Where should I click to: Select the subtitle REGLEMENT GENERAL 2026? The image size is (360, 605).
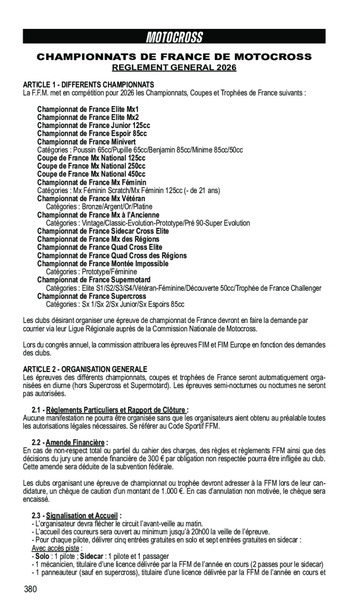click(174, 68)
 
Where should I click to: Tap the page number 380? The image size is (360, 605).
click(30, 589)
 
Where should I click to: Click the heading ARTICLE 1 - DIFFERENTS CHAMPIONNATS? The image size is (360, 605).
click(88, 85)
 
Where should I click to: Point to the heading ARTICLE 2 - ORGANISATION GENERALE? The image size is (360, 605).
click(85, 369)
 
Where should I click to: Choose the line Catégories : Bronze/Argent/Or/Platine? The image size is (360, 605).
click(99, 207)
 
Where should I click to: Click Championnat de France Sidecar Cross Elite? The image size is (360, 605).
click(103, 231)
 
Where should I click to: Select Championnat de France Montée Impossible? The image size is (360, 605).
click(103, 263)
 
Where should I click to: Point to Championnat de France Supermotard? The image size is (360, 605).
click(94, 280)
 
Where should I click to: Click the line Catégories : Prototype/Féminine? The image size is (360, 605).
click(91, 272)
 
